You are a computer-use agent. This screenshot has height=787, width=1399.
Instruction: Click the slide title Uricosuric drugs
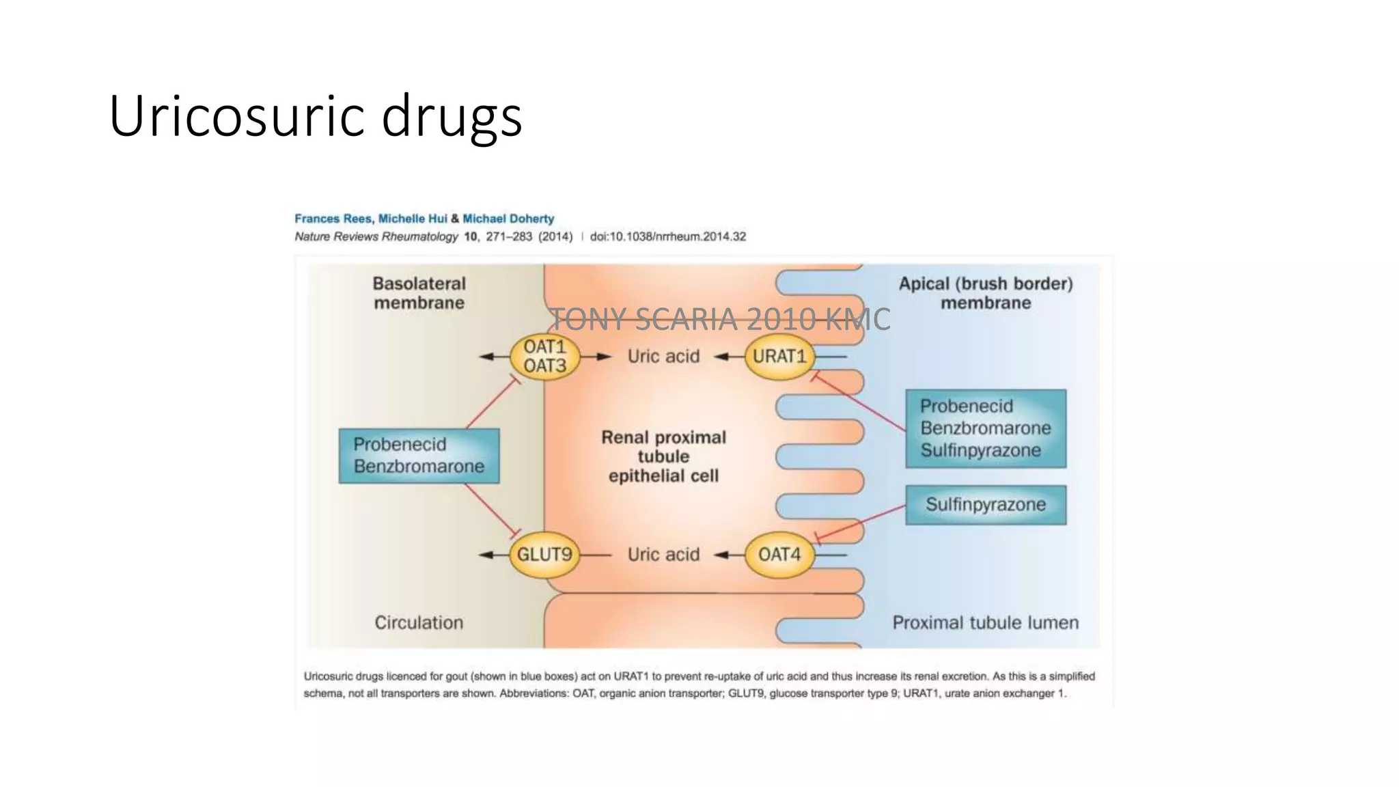(x=315, y=116)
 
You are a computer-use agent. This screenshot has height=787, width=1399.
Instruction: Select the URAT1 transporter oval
(x=779, y=356)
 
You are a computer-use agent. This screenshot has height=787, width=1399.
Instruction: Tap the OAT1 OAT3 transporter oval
(x=544, y=356)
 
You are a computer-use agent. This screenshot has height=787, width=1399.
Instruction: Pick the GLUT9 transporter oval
(x=544, y=554)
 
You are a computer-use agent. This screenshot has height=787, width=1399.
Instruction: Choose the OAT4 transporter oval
(x=779, y=554)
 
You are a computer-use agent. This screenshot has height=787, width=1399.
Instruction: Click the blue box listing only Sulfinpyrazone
(x=985, y=505)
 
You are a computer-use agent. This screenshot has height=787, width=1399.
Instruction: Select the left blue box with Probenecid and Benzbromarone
(x=419, y=456)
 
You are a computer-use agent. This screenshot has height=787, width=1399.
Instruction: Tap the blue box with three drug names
(x=985, y=428)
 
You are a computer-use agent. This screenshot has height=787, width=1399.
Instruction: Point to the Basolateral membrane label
(x=419, y=293)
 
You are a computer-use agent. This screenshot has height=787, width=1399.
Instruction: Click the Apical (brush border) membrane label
(x=985, y=293)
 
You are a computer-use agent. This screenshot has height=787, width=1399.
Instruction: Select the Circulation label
(x=419, y=622)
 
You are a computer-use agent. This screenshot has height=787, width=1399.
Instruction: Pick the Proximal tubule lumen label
(x=985, y=622)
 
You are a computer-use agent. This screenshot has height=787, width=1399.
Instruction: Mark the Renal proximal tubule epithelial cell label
(x=663, y=456)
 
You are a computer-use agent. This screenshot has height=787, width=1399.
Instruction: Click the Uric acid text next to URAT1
(x=663, y=356)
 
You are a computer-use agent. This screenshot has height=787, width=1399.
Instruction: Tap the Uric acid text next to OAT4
(x=663, y=554)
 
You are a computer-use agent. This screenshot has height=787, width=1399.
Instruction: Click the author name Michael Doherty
(x=508, y=219)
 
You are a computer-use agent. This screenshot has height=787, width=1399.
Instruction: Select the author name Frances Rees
(x=333, y=219)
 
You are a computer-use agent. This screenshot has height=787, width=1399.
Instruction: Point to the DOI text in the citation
(x=667, y=236)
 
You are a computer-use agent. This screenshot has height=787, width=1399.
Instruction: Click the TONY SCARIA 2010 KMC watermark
(x=720, y=319)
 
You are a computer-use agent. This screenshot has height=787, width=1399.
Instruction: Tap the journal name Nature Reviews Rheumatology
(x=376, y=236)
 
